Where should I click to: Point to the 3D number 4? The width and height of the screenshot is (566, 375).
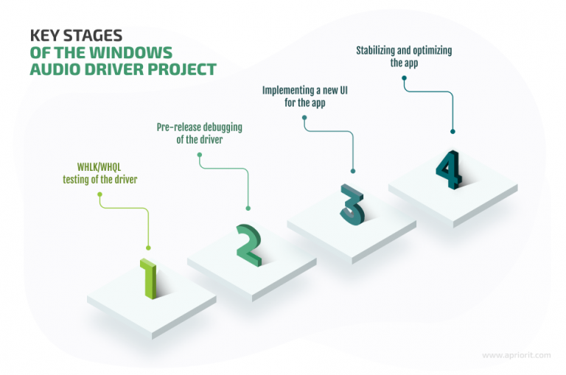(x=449, y=169)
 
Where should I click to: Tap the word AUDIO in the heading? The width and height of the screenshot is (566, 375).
(x=55, y=70)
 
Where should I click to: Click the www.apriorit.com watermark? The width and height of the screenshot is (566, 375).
(x=517, y=355)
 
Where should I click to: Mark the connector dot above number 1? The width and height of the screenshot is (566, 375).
(x=149, y=248)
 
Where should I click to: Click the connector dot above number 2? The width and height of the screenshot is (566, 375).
(x=248, y=208)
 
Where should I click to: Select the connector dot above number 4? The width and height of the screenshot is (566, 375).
(x=453, y=132)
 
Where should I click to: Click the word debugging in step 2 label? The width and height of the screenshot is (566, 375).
(x=221, y=127)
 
